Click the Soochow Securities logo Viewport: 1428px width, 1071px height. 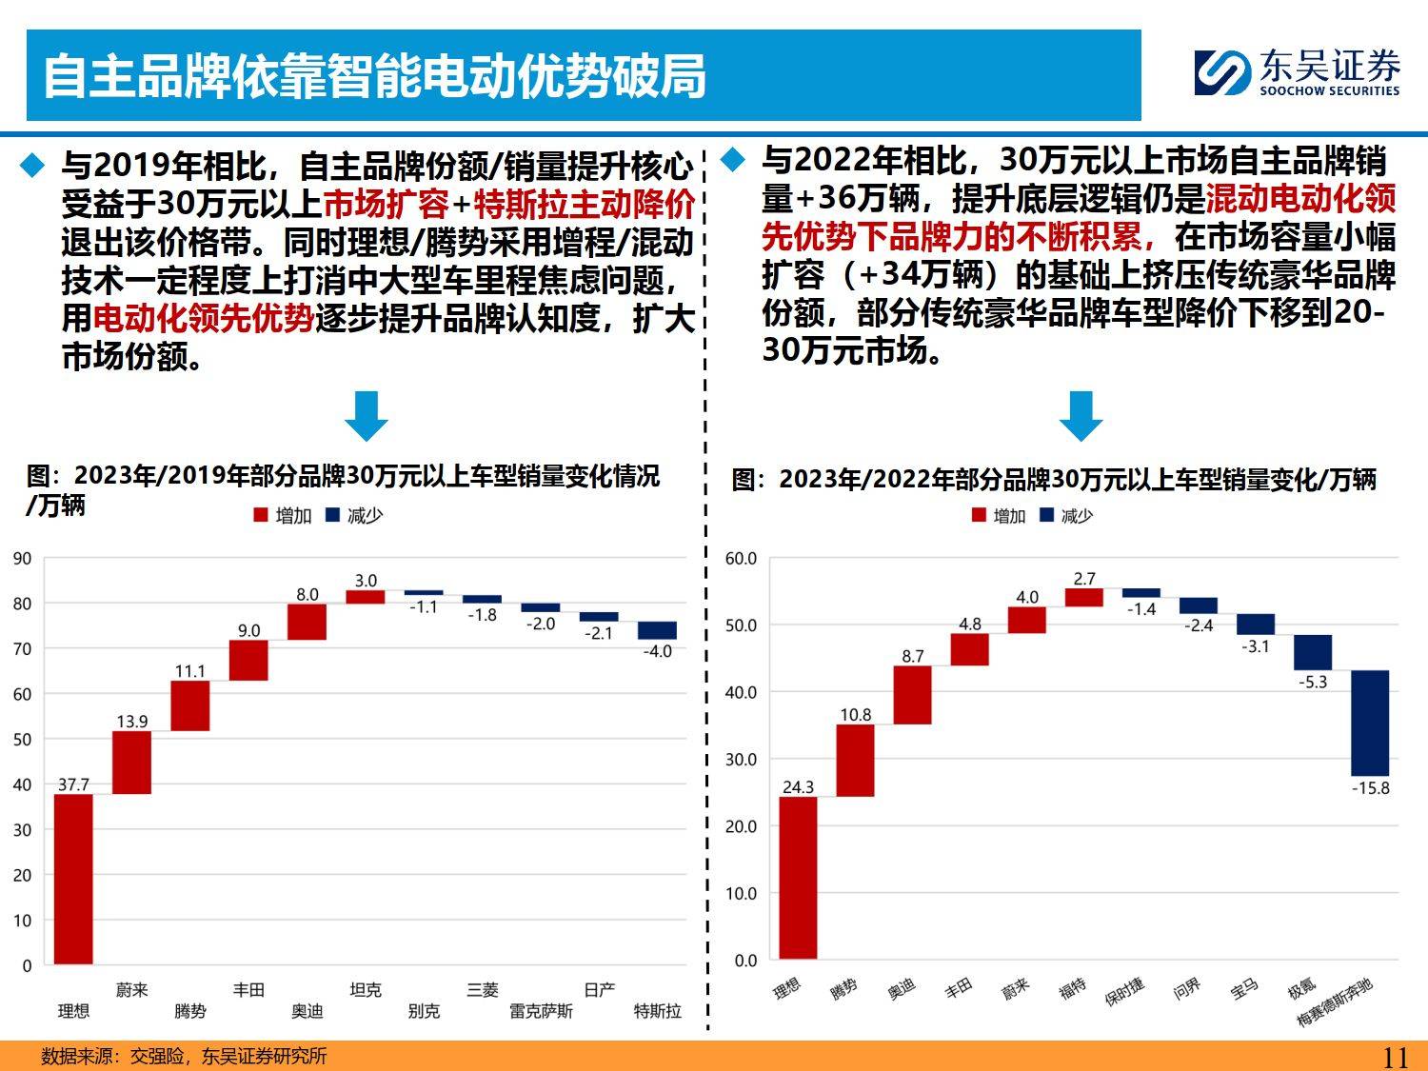[1298, 72]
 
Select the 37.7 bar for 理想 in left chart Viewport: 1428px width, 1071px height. [73, 878]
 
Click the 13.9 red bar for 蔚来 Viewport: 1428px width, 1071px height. [131, 762]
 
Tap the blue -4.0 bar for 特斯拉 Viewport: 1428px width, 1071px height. [657, 630]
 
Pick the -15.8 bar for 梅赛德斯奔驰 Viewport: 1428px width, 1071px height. [1369, 723]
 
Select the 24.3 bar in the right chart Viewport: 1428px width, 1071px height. [798, 877]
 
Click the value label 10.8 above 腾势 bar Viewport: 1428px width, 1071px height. [855, 715]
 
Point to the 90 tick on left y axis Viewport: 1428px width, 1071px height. [23, 559]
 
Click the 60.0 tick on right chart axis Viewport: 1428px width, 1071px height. [741, 559]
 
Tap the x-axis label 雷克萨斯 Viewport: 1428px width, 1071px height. [541, 1011]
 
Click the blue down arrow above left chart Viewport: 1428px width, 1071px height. [366, 415]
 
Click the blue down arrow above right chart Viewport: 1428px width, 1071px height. [1081, 415]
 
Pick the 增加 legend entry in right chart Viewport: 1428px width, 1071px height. [999, 515]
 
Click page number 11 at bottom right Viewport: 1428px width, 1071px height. [1395, 1057]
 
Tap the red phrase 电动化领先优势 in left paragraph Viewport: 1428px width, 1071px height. [204, 318]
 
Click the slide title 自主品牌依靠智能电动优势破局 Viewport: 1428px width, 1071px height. [375, 76]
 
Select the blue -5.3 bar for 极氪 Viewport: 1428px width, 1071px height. [1312, 652]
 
